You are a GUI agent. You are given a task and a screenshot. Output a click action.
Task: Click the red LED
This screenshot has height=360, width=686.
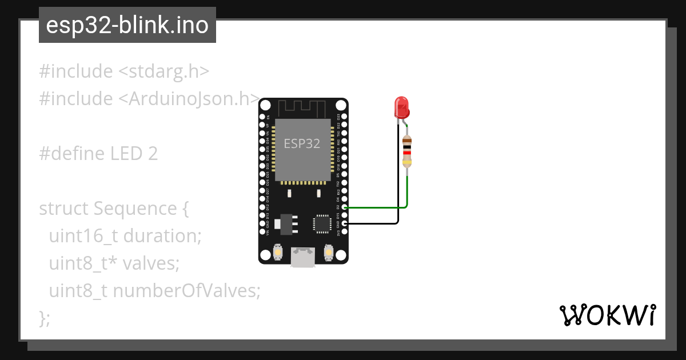(x=401, y=107)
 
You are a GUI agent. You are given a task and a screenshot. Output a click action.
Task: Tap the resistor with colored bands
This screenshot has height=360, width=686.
(x=407, y=151)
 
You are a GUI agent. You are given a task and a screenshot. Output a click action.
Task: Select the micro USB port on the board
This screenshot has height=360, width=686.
(x=302, y=257)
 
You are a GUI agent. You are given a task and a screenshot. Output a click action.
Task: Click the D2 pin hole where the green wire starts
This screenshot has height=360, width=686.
(x=344, y=207)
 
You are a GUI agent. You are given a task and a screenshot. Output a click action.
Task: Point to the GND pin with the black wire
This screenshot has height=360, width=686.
(x=344, y=224)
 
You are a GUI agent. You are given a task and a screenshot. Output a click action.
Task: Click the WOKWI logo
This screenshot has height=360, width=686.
(x=607, y=315)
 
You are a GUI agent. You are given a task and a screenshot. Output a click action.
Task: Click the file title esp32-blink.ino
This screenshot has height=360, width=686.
(x=127, y=26)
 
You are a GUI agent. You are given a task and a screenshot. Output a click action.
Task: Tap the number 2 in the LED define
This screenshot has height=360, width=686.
(x=153, y=154)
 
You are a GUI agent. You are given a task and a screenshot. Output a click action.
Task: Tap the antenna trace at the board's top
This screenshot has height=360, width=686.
(x=302, y=107)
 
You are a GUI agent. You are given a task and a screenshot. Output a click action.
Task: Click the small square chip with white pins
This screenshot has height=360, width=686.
(x=322, y=223)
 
